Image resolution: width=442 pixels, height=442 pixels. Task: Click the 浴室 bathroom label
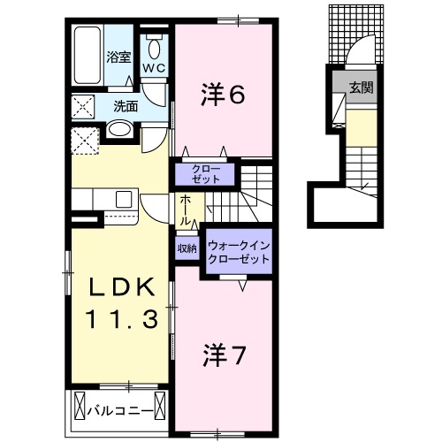point(119,57)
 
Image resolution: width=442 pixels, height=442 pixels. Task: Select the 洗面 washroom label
point(125,106)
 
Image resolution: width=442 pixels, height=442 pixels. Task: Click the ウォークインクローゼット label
point(238,251)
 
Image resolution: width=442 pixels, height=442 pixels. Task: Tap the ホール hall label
point(186,209)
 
